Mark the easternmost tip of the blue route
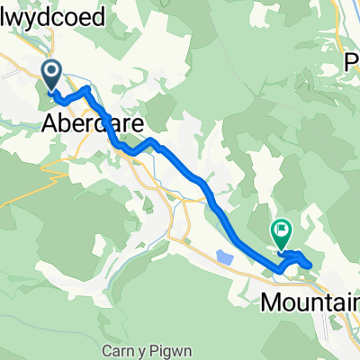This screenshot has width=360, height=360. (x=311, y=264)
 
